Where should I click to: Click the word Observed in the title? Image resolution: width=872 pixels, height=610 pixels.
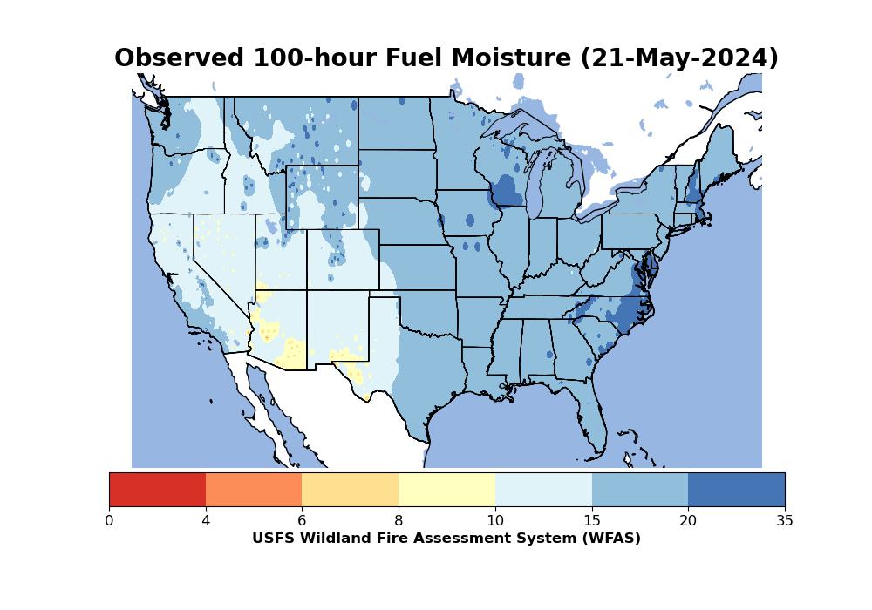click(x=179, y=58)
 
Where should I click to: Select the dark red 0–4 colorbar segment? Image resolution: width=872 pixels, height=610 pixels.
click(x=157, y=490)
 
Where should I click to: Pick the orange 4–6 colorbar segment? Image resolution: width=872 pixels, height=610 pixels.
click(x=254, y=490)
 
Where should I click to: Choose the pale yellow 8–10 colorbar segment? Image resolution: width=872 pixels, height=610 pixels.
click(x=447, y=490)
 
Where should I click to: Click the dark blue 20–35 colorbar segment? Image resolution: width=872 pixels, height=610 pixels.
click(x=736, y=490)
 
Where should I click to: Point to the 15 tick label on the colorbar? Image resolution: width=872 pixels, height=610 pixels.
click(x=592, y=520)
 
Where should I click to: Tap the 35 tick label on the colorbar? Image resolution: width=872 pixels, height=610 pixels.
click(x=785, y=520)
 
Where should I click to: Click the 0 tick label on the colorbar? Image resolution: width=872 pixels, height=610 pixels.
click(x=109, y=520)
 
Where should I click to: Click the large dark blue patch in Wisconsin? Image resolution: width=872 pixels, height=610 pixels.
click(x=508, y=191)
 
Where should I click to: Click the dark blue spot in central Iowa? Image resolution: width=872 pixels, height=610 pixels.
click(x=470, y=220)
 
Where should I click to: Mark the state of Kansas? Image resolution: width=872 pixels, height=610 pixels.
click(x=418, y=268)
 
